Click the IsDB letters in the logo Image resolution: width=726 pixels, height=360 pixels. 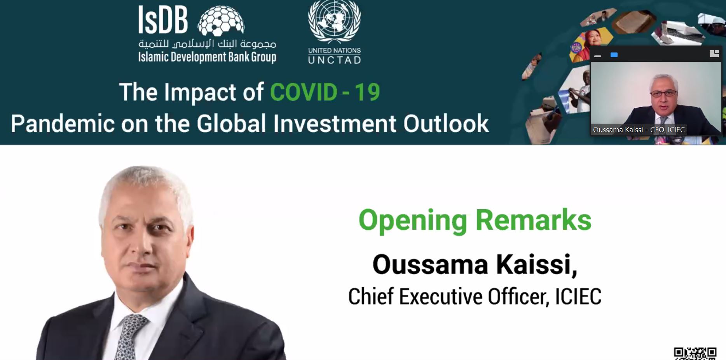tap(163, 20)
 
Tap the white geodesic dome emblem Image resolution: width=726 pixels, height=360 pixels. tap(221, 22)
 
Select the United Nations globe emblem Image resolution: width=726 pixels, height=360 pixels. tap(334, 21)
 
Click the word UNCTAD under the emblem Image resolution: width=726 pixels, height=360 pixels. tap(335, 60)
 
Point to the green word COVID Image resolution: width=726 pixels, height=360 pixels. tap(304, 92)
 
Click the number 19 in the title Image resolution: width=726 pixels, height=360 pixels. tap(367, 92)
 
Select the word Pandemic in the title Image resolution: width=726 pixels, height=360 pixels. tap(63, 124)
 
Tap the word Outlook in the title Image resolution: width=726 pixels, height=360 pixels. tap(446, 124)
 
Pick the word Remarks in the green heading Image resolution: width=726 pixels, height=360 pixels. tap(533, 220)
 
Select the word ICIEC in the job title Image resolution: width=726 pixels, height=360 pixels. tap(578, 297)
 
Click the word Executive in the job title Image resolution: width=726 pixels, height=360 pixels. tap(441, 297)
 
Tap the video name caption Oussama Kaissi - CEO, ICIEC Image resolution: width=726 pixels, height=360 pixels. tap(639, 130)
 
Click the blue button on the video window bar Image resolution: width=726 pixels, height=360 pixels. tap(614, 55)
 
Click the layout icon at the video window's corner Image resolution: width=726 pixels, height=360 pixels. tap(714, 54)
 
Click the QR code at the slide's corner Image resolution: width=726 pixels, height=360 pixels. tap(695, 353)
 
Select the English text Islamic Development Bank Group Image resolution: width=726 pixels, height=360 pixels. tap(207, 57)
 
